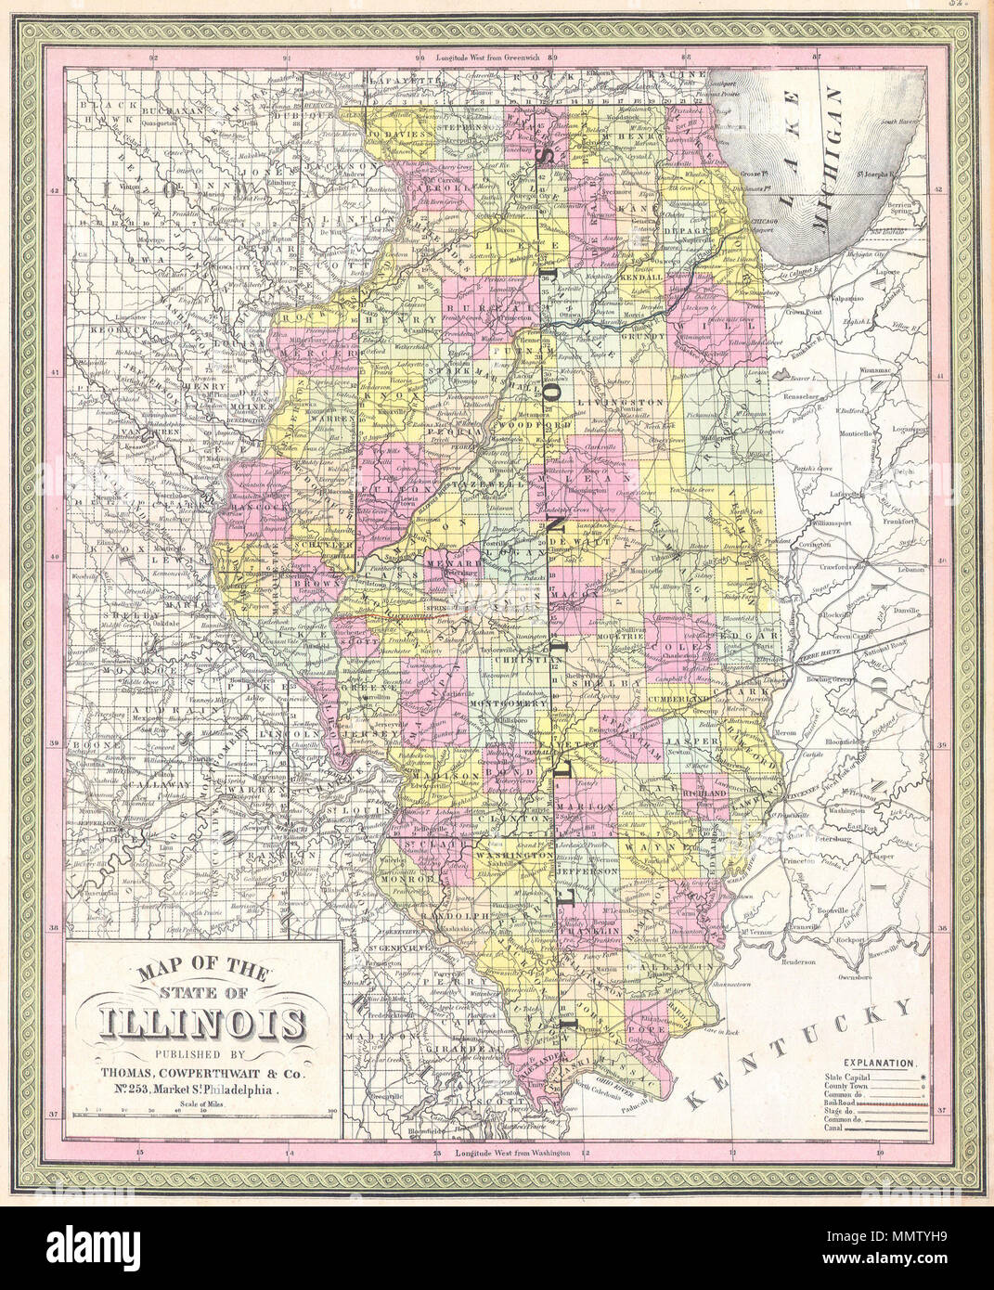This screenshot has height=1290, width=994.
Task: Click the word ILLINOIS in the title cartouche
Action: [205, 1024]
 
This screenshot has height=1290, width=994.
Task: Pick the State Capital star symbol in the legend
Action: [923, 1072]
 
